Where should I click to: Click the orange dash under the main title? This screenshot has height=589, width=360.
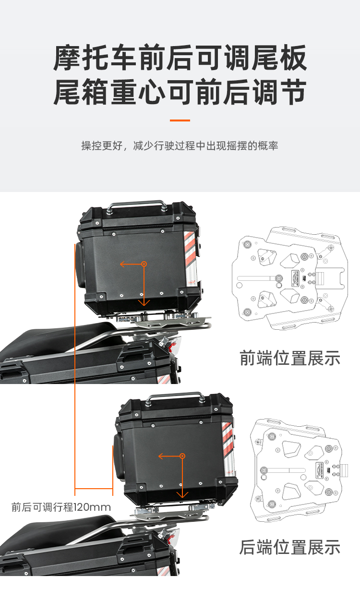tap(180, 120)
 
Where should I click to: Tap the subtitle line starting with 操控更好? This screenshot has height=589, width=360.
tap(180, 145)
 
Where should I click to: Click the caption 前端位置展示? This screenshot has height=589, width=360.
tap(290, 358)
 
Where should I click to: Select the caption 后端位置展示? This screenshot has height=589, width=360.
tap(290, 547)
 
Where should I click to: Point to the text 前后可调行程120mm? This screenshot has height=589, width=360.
tap(61, 507)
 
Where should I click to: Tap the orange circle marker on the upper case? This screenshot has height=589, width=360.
tap(144, 264)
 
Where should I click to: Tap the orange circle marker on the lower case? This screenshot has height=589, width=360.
tap(182, 456)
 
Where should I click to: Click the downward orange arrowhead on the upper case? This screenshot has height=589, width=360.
tap(144, 302)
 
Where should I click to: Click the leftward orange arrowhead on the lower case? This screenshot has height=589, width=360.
tap(160, 456)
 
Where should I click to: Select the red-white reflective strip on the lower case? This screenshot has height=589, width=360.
tap(228, 450)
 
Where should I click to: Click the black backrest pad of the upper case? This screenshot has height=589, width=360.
tap(80, 265)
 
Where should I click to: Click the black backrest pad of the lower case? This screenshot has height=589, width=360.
tap(118, 457)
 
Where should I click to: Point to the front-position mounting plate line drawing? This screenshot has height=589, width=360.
tap(290, 278)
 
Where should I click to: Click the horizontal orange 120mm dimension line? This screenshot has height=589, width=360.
tap(94, 489)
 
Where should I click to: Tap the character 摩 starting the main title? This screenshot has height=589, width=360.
tap(67, 58)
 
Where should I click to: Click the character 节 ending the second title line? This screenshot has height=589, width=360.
tap(294, 92)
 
